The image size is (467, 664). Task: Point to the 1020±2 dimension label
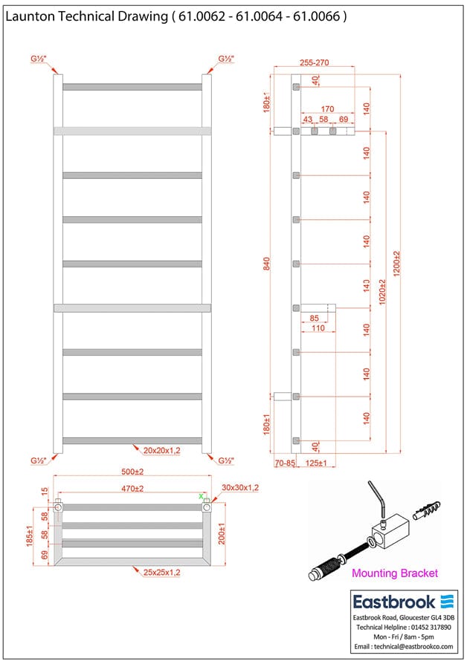click(x=382, y=291)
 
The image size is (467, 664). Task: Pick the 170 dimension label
click(x=327, y=108)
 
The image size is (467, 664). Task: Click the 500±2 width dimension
click(x=133, y=471)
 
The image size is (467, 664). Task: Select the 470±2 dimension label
click(x=133, y=488)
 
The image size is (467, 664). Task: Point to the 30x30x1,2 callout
click(x=239, y=487)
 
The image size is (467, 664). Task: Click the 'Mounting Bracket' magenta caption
click(x=394, y=573)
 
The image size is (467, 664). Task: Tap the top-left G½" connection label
click(x=39, y=58)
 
